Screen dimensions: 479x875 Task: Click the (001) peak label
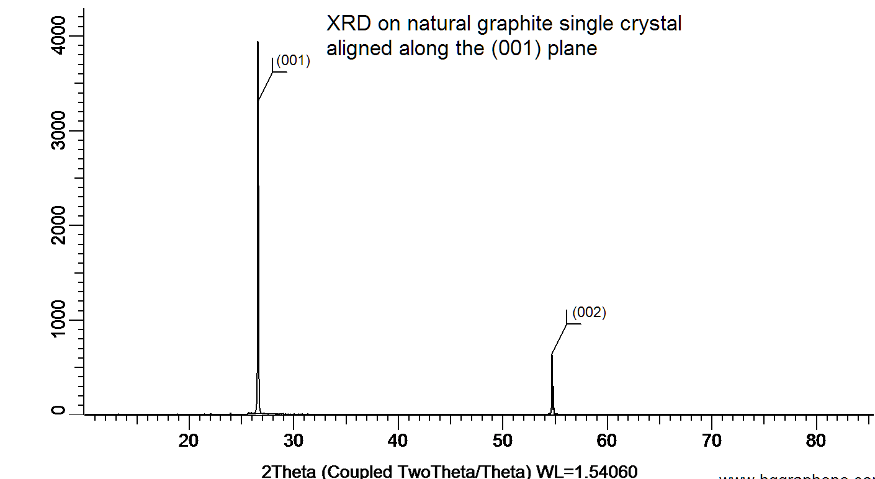[293, 61]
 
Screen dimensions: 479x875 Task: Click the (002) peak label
[589, 313]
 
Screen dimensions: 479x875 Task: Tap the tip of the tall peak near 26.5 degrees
[258, 42]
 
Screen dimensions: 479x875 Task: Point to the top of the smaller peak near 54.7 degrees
[552, 354]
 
